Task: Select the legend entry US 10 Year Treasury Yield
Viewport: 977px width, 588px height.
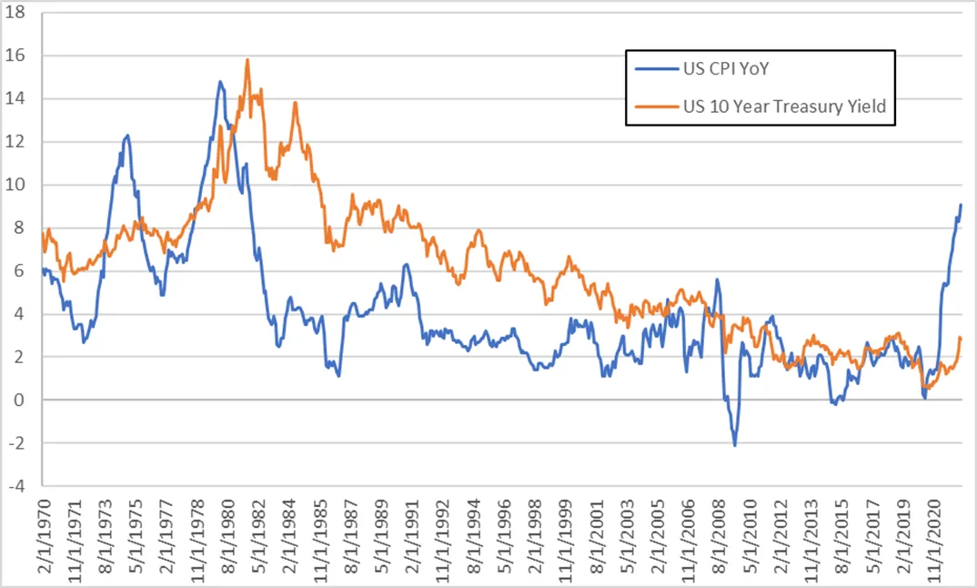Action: pos(784,106)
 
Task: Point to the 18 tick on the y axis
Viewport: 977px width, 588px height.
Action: pos(20,13)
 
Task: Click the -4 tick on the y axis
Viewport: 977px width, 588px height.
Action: pos(20,486)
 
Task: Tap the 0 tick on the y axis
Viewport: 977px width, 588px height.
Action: pos(25,400)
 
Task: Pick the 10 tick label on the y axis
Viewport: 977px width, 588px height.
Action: pos(20,185)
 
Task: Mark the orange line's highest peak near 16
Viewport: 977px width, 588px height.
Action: pos(247,60)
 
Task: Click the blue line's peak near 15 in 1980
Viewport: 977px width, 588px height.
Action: pos(220,82)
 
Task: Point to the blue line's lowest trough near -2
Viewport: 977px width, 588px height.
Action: pos(734,444)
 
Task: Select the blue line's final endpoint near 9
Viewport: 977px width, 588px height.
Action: pos(961,205)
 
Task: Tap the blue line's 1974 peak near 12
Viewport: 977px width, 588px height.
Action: pos(127,136)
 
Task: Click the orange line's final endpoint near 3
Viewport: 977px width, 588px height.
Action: pos(961,338)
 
